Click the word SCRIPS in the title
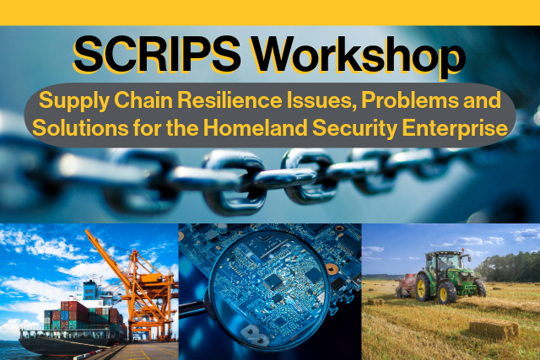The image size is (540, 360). pos(157,55)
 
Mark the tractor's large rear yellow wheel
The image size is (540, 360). pos(424,287)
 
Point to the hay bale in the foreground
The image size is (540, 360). pos(494,330)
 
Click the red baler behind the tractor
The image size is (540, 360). pos(405,285)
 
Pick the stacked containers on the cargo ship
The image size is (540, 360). pos(83,315)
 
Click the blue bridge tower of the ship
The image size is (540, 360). pos(90,291)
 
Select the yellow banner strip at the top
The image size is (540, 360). pos(270,13)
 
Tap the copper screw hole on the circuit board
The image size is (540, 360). pos(332,268)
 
